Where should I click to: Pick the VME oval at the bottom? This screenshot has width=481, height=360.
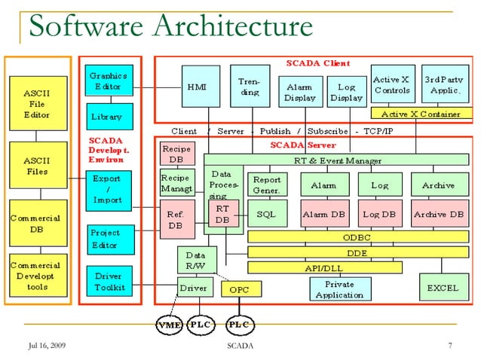click(168, 325)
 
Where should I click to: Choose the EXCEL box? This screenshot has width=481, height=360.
click(443, 288)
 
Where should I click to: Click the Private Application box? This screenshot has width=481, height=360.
click(340, 288)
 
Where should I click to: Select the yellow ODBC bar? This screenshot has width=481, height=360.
click(357, 236)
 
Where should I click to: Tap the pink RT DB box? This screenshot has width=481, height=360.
click(222, 213)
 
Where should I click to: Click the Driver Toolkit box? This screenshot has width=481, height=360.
click(109, 282)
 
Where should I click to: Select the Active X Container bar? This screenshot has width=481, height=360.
click(421, 114)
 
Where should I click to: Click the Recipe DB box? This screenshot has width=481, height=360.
click(176, 154)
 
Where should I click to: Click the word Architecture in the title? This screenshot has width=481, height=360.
click(231, 26)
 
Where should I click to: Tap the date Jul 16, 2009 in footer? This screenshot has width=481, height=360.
click(47, 346)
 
